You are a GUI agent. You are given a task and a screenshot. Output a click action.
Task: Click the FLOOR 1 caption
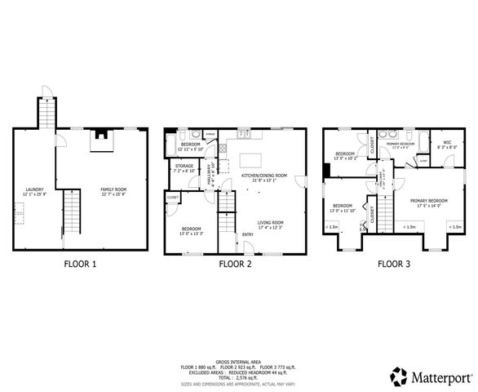(80, 264)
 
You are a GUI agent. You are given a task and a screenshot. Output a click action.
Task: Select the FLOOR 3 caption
(394, 264)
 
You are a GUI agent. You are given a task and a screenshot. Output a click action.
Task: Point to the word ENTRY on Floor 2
(247, 237)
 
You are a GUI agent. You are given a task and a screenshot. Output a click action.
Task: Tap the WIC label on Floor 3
(447, 145)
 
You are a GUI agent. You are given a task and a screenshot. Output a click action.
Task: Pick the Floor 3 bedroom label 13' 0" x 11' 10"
(342, 207)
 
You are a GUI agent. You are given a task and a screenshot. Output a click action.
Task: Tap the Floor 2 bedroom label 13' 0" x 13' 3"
(191, 230)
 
